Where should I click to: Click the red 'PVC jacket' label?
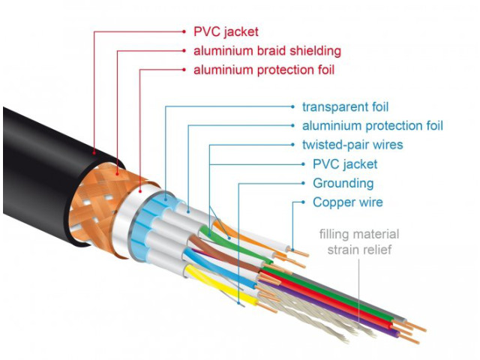[226, 31]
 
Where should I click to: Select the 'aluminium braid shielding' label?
[267, 51]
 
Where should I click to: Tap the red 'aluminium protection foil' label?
[264, 70]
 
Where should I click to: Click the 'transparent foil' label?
[345, 107]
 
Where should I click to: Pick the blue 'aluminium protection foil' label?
[373, 126]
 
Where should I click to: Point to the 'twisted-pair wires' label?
[352, 145]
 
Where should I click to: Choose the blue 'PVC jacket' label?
[345, 164]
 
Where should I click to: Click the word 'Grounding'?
[343, 183]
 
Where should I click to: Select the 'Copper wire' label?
[348, 202]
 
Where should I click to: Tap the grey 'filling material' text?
[359, 234]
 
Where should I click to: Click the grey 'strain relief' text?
[359, 250]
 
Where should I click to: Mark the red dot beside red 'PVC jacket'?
[184, 31]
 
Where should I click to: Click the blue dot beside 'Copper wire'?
[303, 202]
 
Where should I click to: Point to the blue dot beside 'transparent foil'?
[292, 106]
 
